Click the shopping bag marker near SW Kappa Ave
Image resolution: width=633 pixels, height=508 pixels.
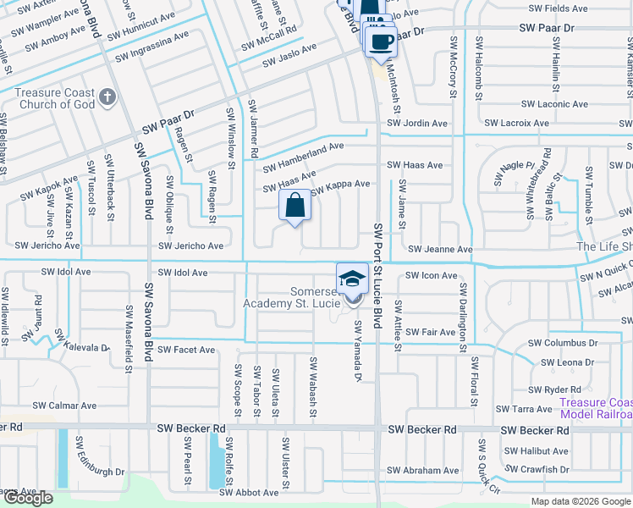pos(294,206)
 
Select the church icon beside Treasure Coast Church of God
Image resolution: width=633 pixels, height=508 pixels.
pos(107,97)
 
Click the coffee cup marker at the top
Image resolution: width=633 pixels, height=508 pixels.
pos(381,40)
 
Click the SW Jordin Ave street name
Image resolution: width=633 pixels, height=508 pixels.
pos(416,124)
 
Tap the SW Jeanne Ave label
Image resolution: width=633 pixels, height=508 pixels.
pos(440,250)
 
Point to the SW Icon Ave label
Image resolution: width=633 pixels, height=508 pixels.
pos(432,276)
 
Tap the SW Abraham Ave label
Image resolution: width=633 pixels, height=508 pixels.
pos(423,471)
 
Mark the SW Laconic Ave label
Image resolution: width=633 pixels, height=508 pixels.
pos(554,104)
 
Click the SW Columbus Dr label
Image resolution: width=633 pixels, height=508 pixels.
pos(563,344)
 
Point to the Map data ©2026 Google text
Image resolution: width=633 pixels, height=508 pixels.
pos(580,501)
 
